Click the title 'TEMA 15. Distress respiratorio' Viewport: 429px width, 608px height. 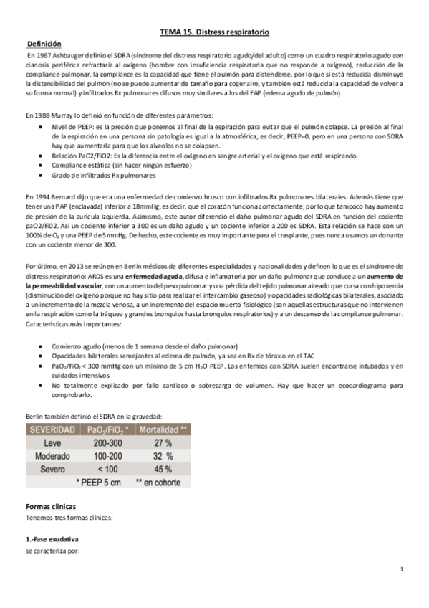[x=213, y=32]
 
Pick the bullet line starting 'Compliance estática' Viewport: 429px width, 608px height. [x=97, y=163]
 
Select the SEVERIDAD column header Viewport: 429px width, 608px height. [x=52, y=429]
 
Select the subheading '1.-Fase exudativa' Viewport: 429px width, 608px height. [x=52, y=538]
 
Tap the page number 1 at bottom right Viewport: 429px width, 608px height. [x=403, y=570]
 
